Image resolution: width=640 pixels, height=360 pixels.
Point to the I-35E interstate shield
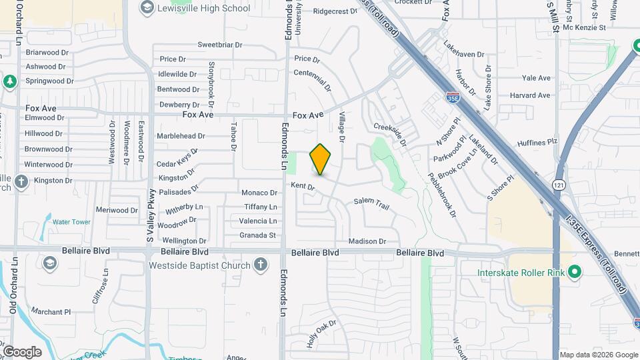[x=452, y=97]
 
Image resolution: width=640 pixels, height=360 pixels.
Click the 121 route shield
[x=559, y=184]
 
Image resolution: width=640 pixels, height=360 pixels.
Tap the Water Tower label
[x=71, y=222]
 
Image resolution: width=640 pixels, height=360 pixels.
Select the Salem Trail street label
[x=371, y=201]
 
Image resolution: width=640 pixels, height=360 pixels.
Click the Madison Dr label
[x=367, y=241]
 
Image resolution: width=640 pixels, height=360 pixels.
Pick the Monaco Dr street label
[x=259, y=193]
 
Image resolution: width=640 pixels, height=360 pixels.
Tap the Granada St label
[x=258, y=235]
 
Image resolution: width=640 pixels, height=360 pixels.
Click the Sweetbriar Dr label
[x=223, y=45]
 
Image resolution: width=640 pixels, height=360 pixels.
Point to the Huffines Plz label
[x=537, y=142]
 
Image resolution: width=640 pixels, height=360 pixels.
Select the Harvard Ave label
[x=530, y=95]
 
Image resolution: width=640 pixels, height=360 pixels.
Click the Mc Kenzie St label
[x=584, y=27]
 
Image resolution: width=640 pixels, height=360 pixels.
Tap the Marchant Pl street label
[x=51, y=311]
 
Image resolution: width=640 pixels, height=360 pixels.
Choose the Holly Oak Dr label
[x=322, y=333]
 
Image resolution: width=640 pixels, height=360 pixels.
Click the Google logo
[x=22, y=352]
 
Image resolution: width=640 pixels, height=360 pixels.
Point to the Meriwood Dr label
[x=117, y=210]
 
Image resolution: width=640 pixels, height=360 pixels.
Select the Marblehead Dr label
[x=181, y=136]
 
